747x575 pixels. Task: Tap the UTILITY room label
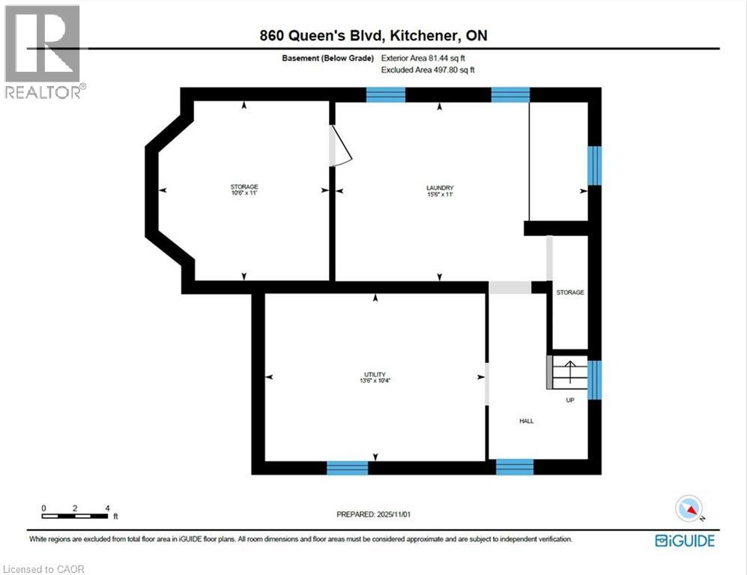[x=375, y=375]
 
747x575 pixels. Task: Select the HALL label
[x=526, y=422]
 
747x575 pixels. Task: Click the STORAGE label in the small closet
[x=569, y=292]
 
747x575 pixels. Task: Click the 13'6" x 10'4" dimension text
[x=375, y=382]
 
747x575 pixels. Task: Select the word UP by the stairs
[x=570, y=401]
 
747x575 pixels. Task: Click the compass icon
[x=688, y=508]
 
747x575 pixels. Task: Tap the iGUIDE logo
[x=684, y=540]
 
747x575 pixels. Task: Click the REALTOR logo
[x=43, y=52]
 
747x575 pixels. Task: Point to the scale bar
[x=75, y=515]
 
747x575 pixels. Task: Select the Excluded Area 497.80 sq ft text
[x=428, y=70]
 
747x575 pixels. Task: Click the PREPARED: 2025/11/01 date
[x=374, y=514]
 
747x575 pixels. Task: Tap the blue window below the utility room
[x=348, y=468]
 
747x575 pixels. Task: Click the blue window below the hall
[x=515, y=468]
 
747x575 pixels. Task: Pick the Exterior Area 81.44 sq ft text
[x=428, y=58]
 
